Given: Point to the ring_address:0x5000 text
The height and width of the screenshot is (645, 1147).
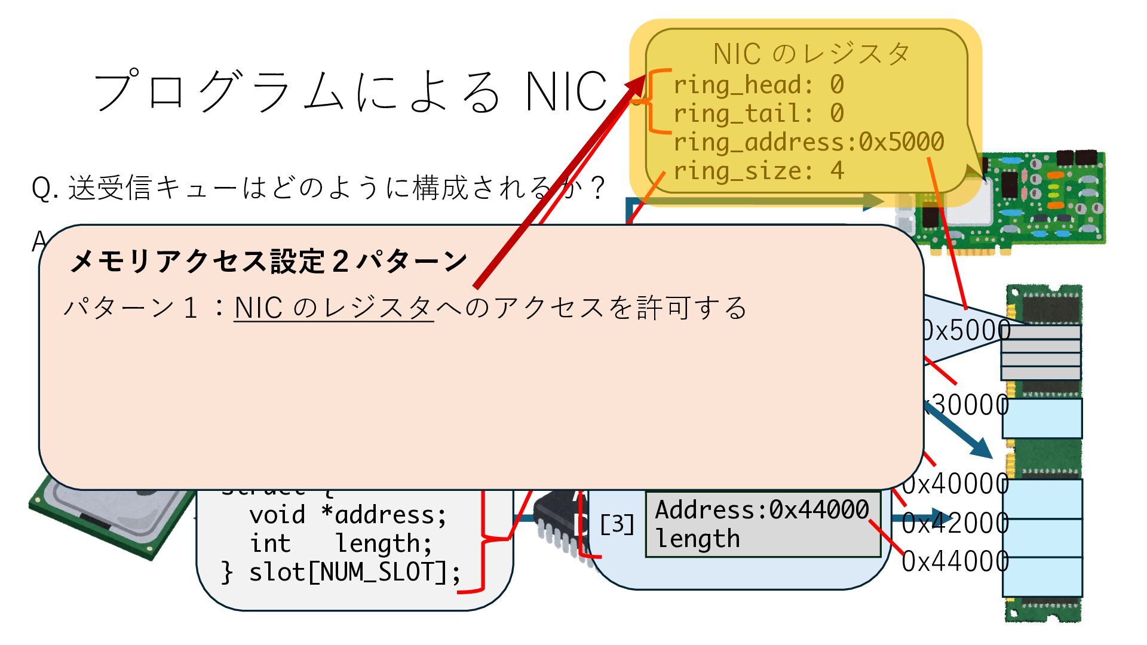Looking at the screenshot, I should tap(808, 142).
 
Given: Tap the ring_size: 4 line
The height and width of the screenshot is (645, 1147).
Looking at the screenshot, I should tap(758, 171).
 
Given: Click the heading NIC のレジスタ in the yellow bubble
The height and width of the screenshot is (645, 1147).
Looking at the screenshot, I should tap(811, 54).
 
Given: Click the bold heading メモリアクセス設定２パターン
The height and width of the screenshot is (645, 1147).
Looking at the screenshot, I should tap(269, 261).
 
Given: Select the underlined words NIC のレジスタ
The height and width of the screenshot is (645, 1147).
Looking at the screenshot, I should tap(333, 308).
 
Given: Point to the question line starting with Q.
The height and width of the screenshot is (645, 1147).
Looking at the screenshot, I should tap(317, 188).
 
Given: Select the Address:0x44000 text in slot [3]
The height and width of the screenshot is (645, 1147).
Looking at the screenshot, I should tap(762, 510).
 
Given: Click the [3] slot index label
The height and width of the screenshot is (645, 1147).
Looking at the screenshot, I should tap(617, 524).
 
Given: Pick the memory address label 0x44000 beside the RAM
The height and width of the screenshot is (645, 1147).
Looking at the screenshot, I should tap(955, 561).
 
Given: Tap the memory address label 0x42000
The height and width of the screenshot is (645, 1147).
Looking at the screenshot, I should tap(955, 523).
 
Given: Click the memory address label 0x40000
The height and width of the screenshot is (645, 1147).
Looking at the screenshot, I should tap(955, 484).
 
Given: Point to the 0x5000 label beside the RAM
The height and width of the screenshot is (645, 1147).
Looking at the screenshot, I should tap(965, 330).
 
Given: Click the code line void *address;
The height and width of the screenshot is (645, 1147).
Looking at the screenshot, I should tap(348, 515).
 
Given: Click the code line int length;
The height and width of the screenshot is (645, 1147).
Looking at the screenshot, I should tap(341, 543).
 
